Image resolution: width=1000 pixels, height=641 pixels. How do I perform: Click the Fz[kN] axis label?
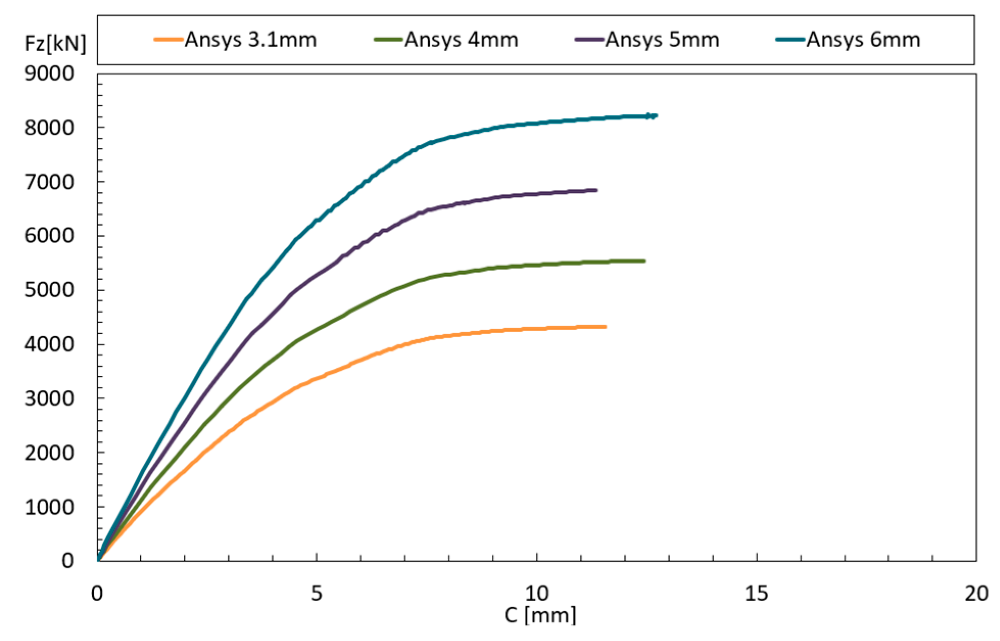pyautogui.click(x=56, y=44)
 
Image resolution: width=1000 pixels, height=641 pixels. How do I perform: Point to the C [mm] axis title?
pyautogui.click(x=540, y=615)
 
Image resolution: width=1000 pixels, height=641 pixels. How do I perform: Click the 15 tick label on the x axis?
pyautogui.click(x=757, y=594)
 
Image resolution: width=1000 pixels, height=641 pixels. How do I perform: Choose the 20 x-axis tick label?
pyautogui.click(x=976, y=594)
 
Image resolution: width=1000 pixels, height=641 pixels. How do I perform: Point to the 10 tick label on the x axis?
pyautogui.click(x=537, y=594)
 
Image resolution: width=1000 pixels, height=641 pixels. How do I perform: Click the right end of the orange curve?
pyautogui.click(x=605, y=326)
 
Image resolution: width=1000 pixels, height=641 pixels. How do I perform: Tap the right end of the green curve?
pyautogui.click(x=644, y=261)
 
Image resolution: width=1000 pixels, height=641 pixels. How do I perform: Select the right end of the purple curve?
pyautogui.click(x=596, y=190)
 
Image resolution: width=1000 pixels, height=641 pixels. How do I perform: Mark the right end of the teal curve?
pyautogui.click(x=656, y=115)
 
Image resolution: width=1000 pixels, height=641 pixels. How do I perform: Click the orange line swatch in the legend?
pyautogui.click(x=168, y=39)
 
